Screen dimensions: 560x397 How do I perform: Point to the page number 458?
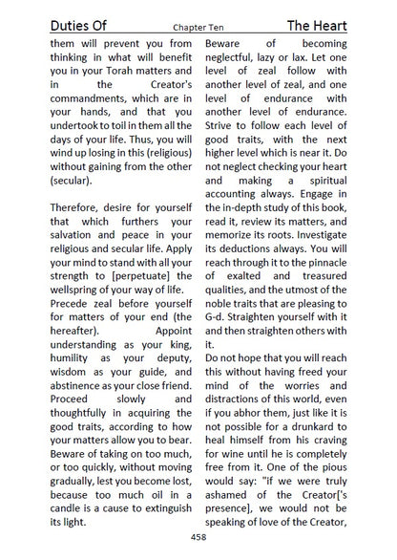click(x=198, y=538)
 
